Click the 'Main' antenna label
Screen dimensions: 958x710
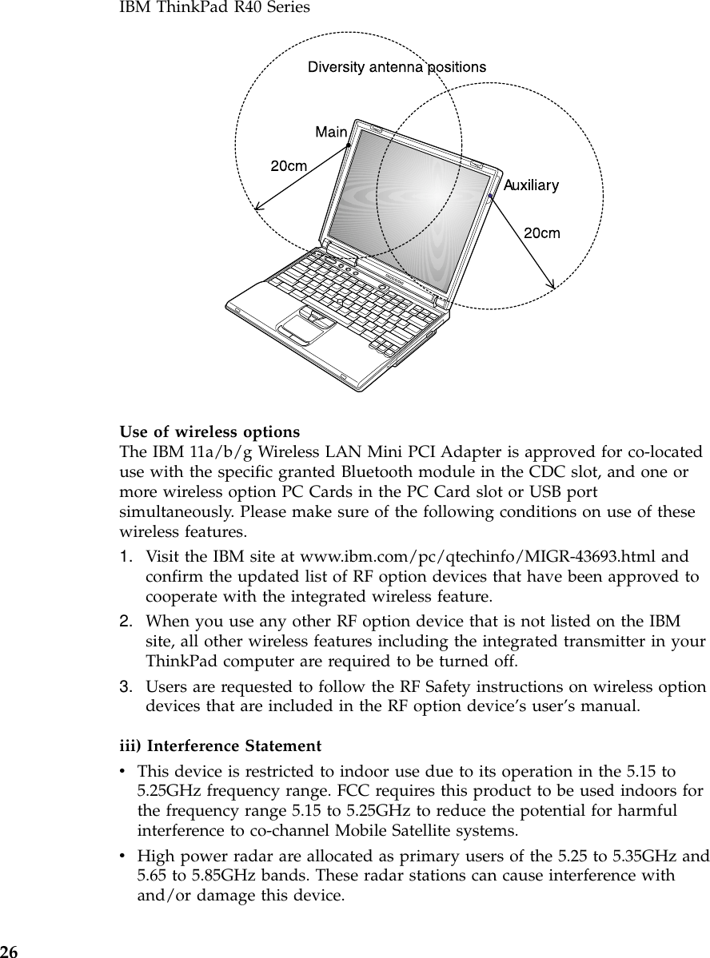point(331,132)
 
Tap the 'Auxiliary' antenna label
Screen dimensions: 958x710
point(531,185)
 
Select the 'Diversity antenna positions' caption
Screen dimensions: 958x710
point(397,67)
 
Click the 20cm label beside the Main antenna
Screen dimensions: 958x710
point(289,166)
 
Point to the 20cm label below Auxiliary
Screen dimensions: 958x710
point(541,233)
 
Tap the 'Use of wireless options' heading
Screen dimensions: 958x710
point(209,432)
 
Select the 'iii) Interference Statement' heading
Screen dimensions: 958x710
point(220,746)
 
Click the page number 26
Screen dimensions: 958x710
point(9,951)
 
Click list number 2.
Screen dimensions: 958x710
point(126,621)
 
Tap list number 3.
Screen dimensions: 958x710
point(126,686)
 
